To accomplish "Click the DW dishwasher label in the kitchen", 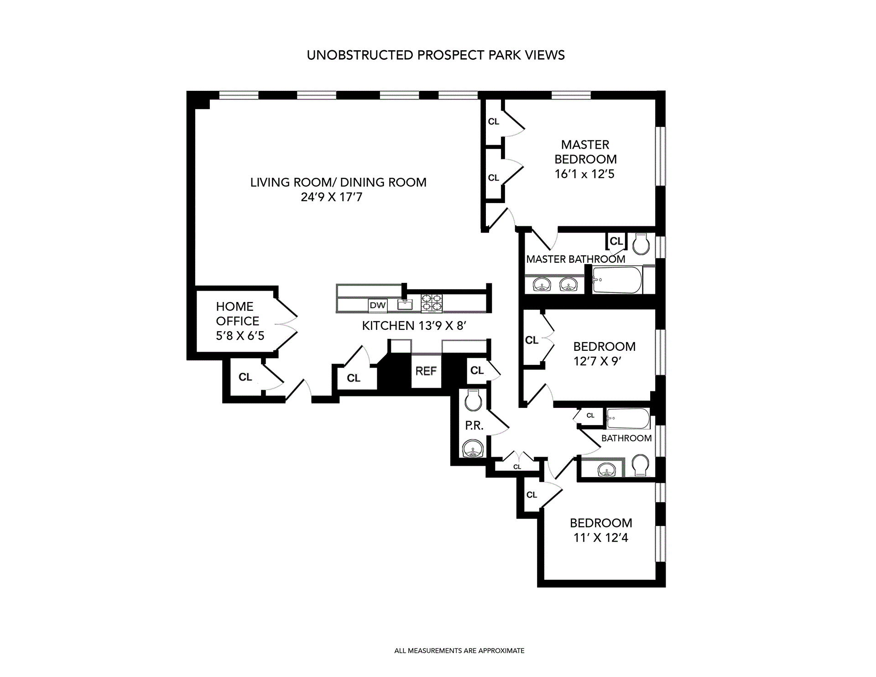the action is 377,305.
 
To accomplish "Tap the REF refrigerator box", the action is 426,371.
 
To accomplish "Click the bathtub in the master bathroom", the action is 617,280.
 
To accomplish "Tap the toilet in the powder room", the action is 473,401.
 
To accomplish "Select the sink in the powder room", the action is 472,448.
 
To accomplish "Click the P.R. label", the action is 474,426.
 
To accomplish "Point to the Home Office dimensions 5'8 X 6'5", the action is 240,336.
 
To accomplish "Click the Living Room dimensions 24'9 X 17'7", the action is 331,197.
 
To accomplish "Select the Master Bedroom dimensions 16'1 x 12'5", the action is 584,174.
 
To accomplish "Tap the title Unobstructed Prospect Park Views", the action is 436,55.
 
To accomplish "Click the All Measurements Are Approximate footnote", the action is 459,651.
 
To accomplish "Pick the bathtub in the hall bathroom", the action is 627,419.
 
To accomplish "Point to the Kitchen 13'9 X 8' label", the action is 414,326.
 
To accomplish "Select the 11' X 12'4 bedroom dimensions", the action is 600,538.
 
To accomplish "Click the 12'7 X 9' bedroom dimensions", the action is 598,361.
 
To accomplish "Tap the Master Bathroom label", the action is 575,259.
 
